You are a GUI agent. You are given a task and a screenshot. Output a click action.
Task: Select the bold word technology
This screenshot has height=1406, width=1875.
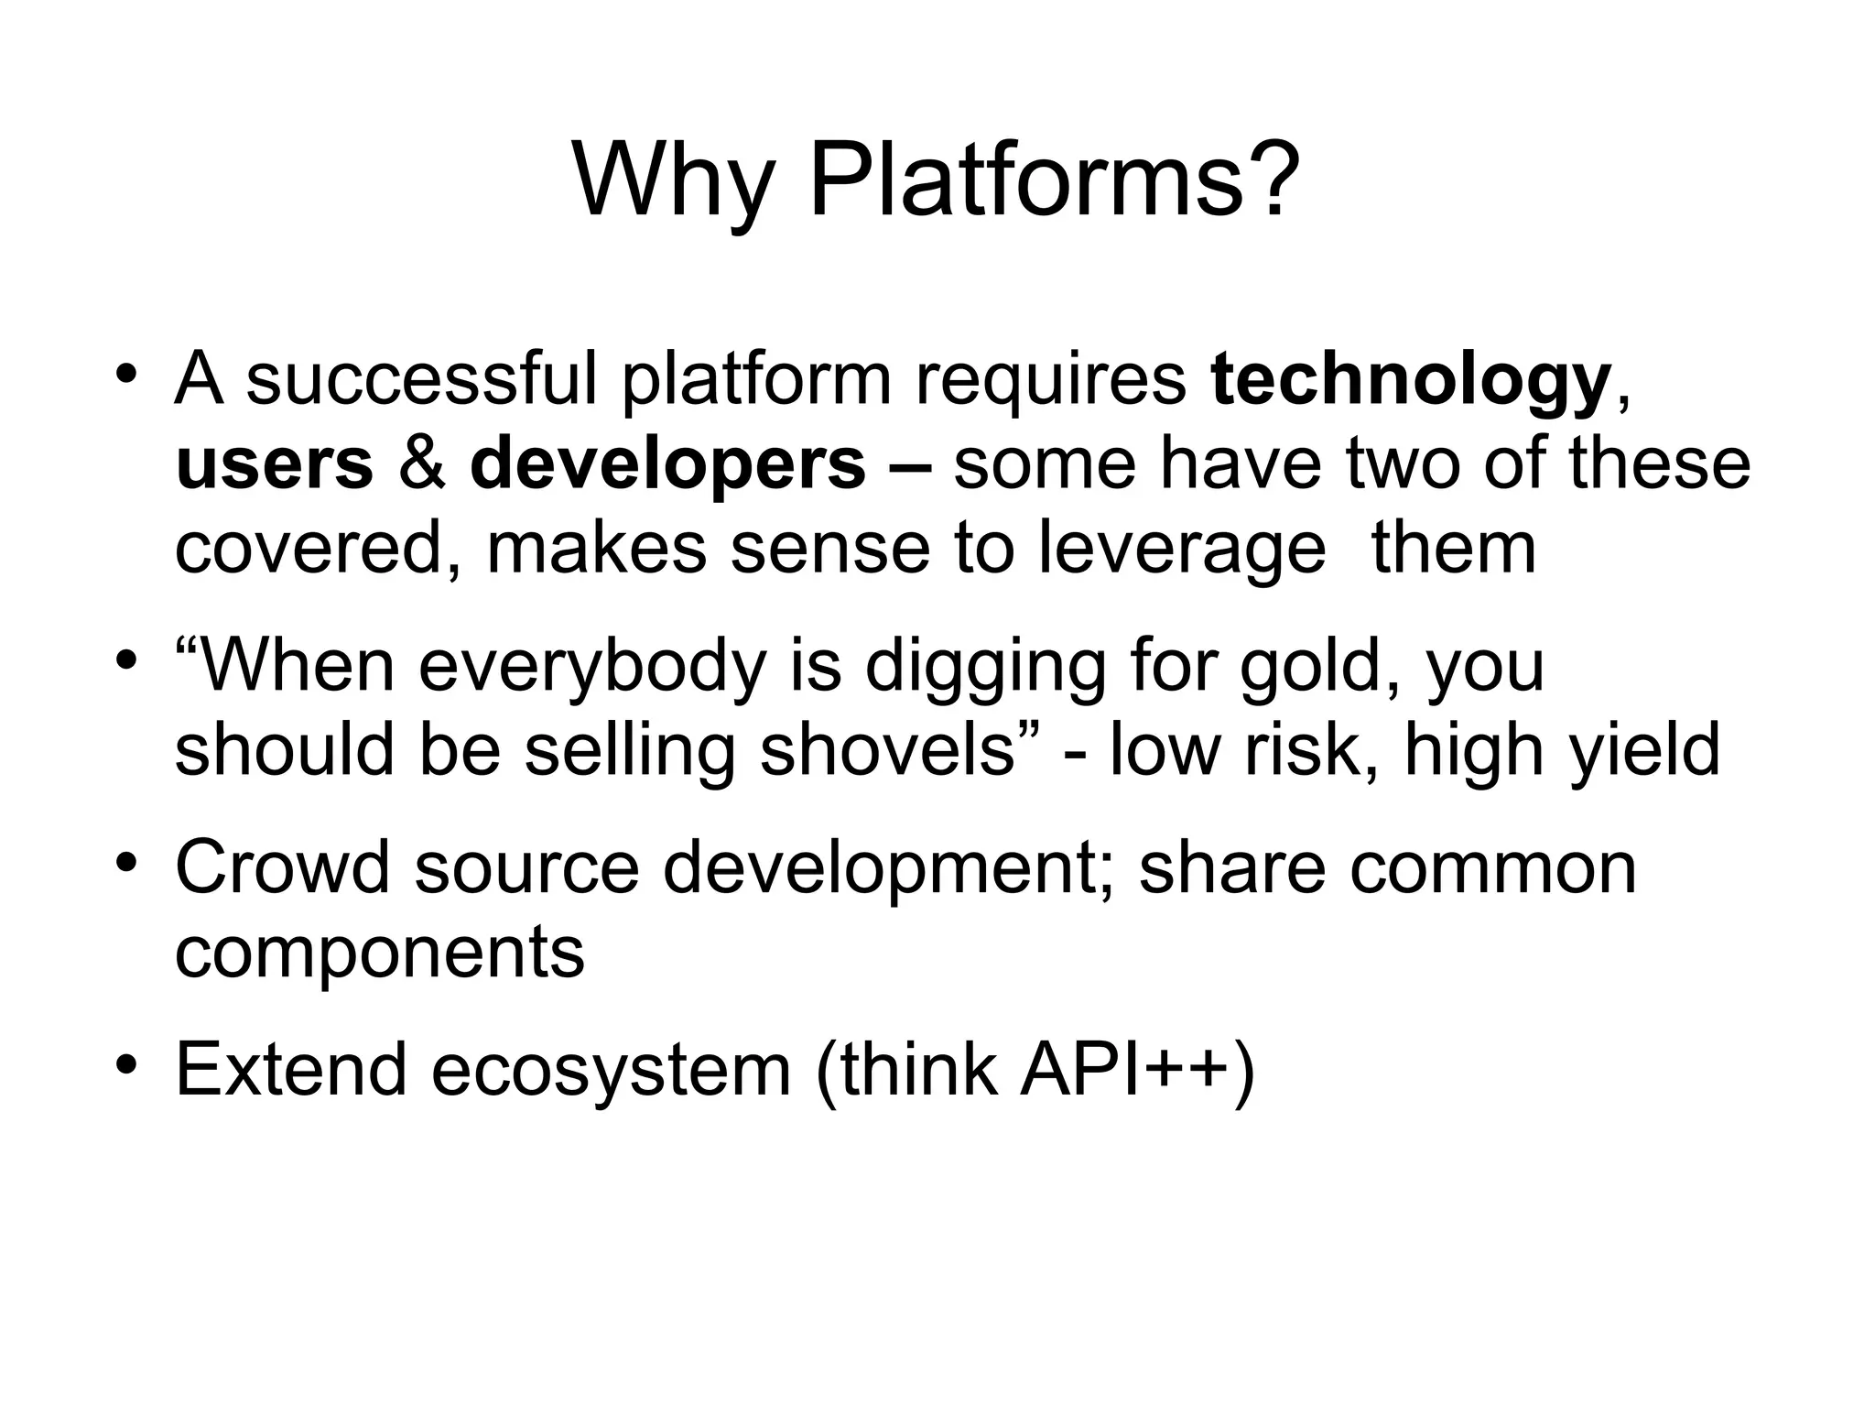click(x=1410, y=380)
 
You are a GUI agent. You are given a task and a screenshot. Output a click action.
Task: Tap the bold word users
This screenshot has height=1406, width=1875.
click(x=274, y=463)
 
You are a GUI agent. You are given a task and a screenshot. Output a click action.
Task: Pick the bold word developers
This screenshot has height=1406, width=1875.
click(x=667, y=463)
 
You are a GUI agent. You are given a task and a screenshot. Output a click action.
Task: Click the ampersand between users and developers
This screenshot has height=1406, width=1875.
click(x=422, y=463)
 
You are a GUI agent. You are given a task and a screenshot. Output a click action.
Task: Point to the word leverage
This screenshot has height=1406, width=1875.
click(x=1181, y=549)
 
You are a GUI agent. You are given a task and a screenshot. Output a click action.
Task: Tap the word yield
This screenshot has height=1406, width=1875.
click(x=1644, y=749)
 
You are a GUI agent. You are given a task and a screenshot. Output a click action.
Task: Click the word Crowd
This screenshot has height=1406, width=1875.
click(x=282, y=866)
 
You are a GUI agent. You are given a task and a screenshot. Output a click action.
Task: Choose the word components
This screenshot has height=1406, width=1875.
click(x=379, y=953)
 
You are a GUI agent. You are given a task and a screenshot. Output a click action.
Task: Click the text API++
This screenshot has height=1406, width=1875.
click(x=1125, y=1069)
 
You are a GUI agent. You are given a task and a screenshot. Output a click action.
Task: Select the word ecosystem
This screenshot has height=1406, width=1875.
click(x=611, y=1069)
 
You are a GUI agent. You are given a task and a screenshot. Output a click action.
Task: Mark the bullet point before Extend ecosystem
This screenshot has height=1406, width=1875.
click(x=127, y=1064)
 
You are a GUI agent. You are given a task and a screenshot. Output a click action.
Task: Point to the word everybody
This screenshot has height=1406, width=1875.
click(x=591, y=666)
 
